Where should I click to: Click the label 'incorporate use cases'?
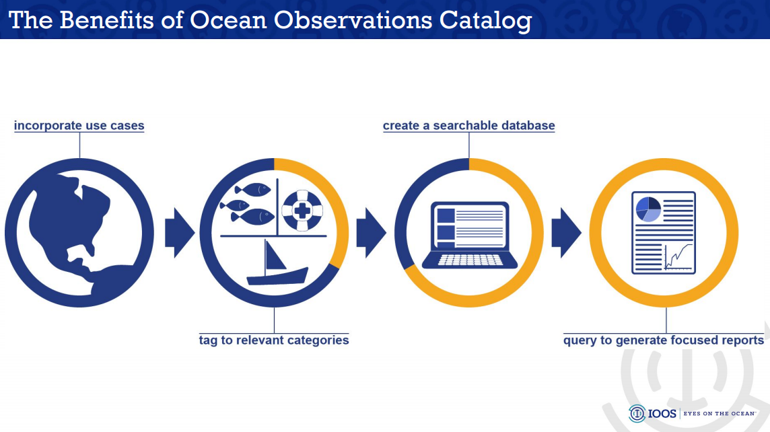[79, 126]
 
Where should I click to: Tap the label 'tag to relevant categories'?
[273, 340]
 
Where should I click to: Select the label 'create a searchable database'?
[468, 126]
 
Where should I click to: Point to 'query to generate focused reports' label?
[663, 340]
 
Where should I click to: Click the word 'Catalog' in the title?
[485, 20]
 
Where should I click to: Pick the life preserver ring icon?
[302, 209]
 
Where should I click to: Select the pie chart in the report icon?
[647, 209]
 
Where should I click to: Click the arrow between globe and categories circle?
[180, 233]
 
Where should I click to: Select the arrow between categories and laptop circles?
[371, 233]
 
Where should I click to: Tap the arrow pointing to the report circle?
[566, 233]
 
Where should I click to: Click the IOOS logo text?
[664, 414]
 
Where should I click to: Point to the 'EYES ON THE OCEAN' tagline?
[720, 414]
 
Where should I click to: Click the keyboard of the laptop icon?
[469, 260]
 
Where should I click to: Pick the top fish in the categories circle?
[254, 189]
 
